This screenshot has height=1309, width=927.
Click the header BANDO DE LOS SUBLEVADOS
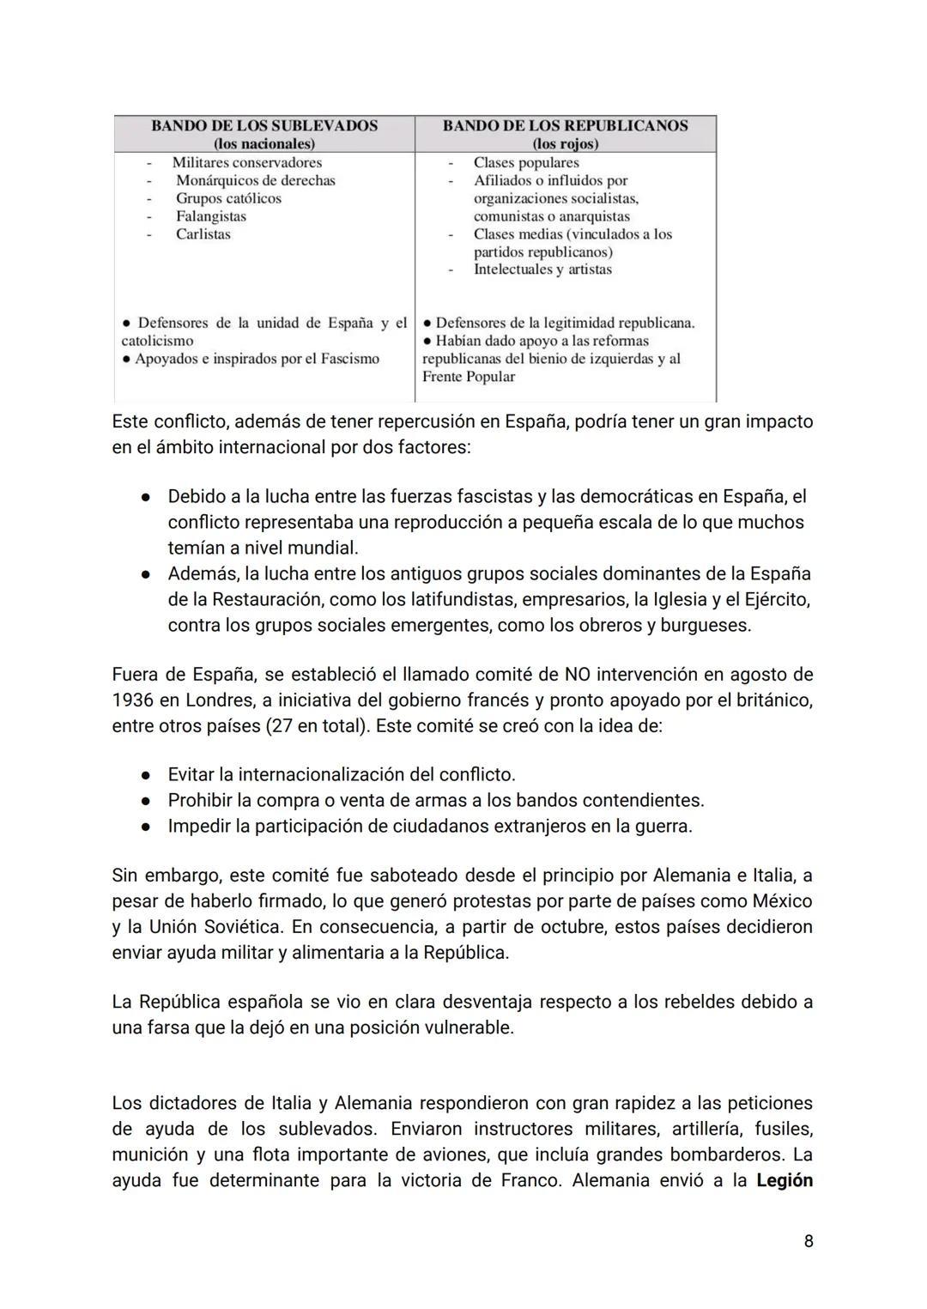click(x=264, y=125)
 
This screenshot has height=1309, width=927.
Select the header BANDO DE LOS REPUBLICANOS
click(x=565, y=125)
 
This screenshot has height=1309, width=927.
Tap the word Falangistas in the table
click(x=211, y=216)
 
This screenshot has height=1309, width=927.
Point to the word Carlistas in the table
click(x=203, y=234)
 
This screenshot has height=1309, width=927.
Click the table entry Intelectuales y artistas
click(x=542, y=270)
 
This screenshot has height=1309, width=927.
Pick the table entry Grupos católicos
click(x=228, y=198)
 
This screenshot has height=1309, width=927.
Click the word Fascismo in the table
click(x=349, y=359)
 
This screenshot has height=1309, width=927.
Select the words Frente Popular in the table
click(x=469, y=377)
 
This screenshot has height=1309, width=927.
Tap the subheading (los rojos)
click(x=565, y=143)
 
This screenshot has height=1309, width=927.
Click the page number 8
click(x=809, y=1241)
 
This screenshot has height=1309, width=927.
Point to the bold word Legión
click(x=785, y=1180)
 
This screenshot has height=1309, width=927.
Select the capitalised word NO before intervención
click(x=577, y=675)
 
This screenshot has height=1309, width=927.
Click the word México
click(x=782, y=901)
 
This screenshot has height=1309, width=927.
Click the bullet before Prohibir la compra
click(x=147, y=801)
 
